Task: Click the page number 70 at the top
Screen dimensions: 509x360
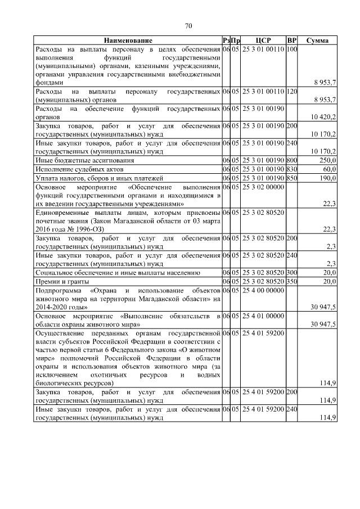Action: [188, 25]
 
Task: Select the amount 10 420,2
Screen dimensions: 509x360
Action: [323, 116]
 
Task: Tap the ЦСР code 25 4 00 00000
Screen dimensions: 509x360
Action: [263, 290]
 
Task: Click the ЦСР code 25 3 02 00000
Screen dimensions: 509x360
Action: [263, 187]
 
